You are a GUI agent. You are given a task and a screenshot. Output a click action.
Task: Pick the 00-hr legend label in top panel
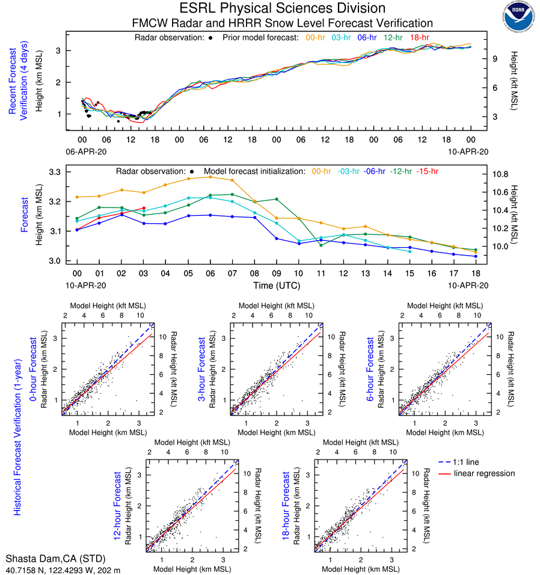[316, 37]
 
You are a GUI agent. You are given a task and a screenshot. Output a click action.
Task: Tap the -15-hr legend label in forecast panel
[428, 171]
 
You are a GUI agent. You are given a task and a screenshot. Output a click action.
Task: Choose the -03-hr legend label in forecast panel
[347, 171]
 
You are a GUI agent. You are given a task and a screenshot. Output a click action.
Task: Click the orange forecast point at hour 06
[210, 177]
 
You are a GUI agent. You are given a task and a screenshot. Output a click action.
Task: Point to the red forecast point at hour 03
[143, 208]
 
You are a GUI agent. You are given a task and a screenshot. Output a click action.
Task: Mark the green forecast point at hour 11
[321, 245]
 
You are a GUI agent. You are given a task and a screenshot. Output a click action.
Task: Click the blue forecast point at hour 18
[476, 256]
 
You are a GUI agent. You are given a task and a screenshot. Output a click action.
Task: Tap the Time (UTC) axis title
[277, 286]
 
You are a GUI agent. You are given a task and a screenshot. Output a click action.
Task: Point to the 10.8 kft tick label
[502, 173]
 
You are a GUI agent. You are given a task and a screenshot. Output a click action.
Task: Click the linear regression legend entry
[484, 473]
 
